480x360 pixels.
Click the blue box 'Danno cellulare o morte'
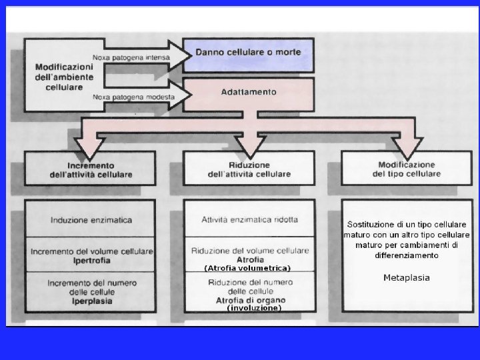coord(247,53)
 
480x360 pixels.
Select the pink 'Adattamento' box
coord(248,92)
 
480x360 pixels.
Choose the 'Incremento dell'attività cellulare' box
coord(91,169)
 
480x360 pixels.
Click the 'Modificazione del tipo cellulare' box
coord(406,169)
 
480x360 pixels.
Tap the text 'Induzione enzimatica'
coord(91,219)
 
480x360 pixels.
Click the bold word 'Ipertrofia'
coord(91,260)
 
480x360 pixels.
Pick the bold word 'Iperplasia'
coord(91,301)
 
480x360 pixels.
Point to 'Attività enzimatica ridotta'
coord(249,219)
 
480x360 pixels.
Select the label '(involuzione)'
coord(254,308)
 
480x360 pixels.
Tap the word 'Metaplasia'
coord(407,277)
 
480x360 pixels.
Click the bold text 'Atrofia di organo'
coord(250,301)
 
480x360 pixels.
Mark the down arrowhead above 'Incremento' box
coord(87,145)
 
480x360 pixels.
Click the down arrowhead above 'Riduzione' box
coord(245,145)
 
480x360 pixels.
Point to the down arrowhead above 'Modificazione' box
coord(407,145)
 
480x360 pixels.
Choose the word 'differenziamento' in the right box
coord(407,255)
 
